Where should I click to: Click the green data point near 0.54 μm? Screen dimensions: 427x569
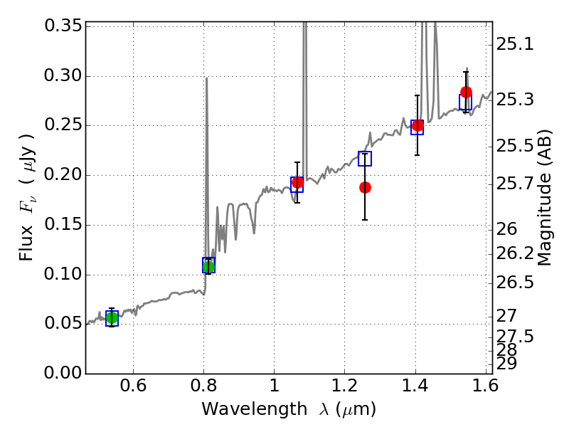click(112, 317)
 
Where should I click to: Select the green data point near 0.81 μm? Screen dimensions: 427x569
click(208, 267)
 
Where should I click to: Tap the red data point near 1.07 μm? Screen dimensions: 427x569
click(297, 183)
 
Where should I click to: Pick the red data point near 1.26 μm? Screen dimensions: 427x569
click(365, 187)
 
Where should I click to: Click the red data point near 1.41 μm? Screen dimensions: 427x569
click(418, 126)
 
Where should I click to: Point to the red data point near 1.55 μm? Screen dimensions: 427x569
click(466, 93)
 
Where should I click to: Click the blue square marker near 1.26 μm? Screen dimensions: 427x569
click(365, 159)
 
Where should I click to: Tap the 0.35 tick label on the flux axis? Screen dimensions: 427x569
click(63, 26)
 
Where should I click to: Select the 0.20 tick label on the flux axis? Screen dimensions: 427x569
click(63, 176)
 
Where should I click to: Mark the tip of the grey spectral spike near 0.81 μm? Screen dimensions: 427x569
click(206, 78)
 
